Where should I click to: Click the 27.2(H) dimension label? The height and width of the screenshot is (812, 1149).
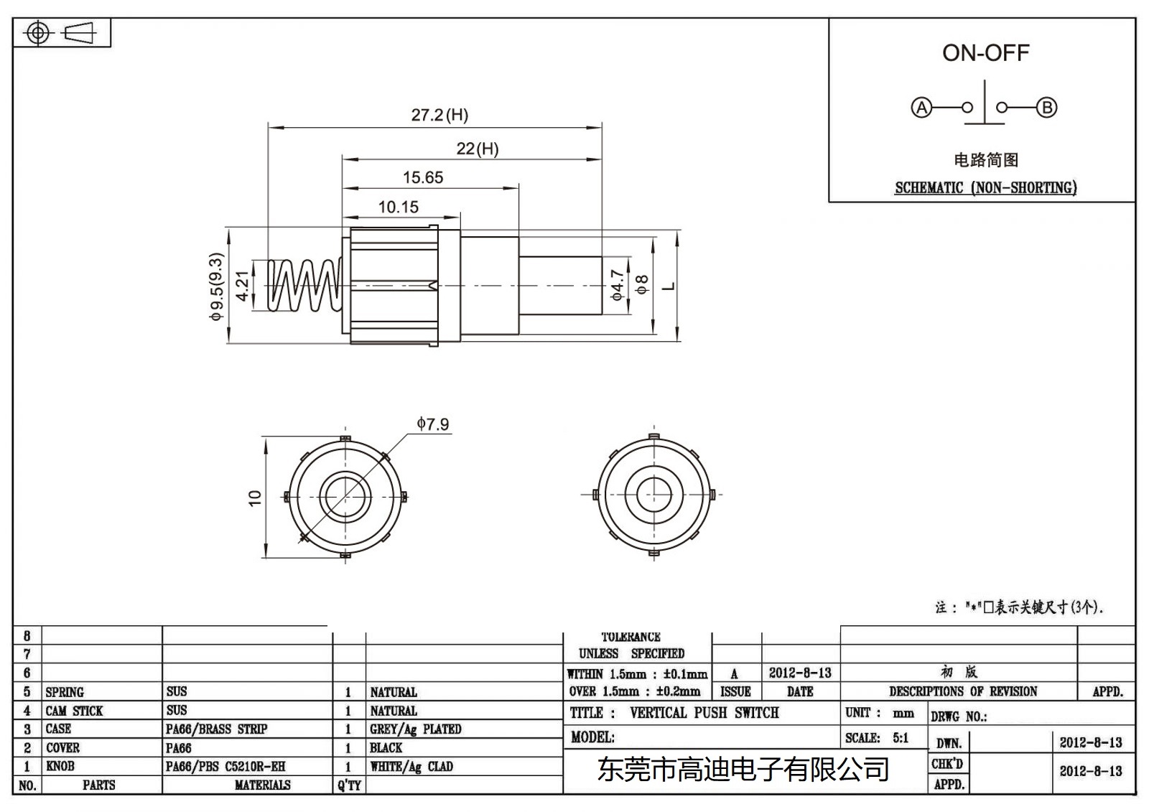pos(439,115)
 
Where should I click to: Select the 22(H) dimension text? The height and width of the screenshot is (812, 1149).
pos(477,149)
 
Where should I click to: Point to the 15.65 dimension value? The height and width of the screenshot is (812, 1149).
pos(423,177)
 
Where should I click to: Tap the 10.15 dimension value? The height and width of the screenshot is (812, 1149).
pos(398,207)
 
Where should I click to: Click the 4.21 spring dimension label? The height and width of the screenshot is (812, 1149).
pos(243,286)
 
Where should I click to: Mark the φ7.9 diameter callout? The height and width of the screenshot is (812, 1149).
pos(432,424)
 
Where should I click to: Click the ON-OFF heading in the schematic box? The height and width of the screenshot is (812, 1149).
pos(985,52)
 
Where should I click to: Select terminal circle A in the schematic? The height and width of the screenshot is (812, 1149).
pos(921,108)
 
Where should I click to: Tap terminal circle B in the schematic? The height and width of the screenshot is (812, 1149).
pos(1046,108)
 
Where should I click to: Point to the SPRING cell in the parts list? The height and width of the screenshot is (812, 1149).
pos(65,692)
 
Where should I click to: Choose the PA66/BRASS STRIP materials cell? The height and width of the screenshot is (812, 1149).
pos(216,729)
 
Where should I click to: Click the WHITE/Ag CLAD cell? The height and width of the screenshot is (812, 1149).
pos(411,767)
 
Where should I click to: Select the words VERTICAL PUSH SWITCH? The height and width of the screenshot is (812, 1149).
pos(704,713)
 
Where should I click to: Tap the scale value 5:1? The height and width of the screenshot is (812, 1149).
pos(901,738)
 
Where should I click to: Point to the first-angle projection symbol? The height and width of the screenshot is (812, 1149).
pos(62,33)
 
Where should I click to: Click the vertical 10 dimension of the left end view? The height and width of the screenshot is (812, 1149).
pos(255,498)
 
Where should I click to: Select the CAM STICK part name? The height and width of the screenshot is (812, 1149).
pos(74,711)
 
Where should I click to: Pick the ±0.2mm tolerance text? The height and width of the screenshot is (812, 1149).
pos(678,691)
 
